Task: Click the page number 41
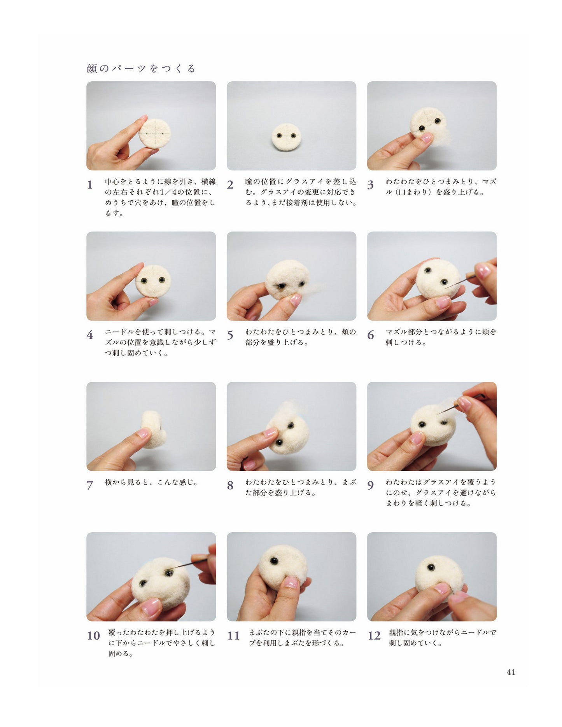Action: (511, 672)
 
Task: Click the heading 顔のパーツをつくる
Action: (141, 68)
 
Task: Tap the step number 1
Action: (90, 185)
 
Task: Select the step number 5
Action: (230, 335)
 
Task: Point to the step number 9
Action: (371, 485)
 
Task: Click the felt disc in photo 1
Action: (155, 133)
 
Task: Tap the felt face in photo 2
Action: (286, 137)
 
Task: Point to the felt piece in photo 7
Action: (154, 429)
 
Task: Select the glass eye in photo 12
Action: (431, 568)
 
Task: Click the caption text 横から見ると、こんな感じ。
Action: (152, 482)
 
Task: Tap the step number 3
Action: (371, 185)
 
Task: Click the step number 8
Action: (230, 485)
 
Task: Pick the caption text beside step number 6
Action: (441, 337)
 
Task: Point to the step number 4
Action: (90, 335)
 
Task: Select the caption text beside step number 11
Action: (302, 638)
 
